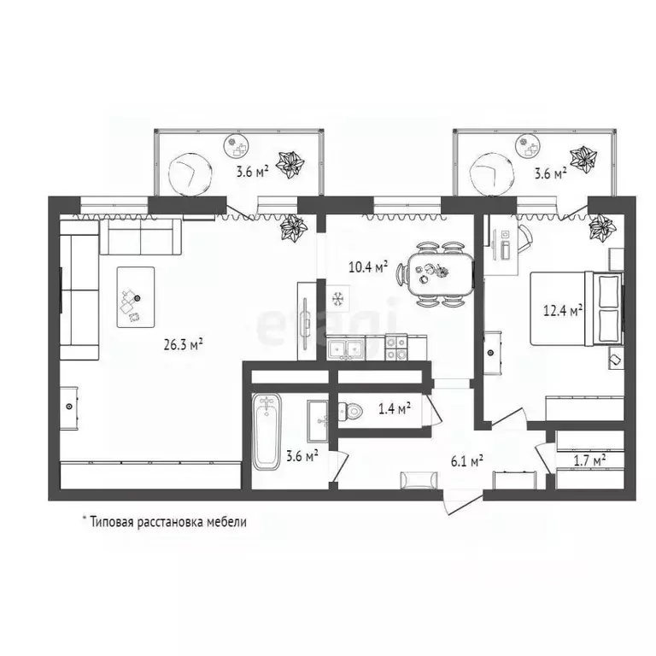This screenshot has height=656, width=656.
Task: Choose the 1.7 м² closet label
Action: tap(590, 459)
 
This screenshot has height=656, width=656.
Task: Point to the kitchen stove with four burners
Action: tap(395, 348)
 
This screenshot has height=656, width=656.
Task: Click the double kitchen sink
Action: tap(347, 348)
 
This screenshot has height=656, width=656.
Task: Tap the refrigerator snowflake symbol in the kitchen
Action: tap(338, 298)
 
